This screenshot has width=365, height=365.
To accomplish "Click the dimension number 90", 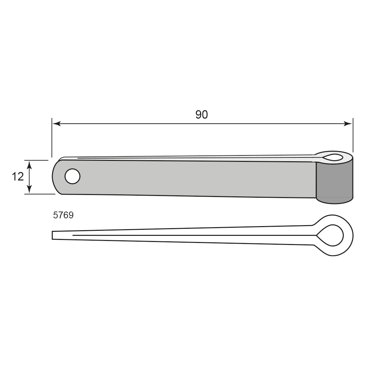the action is coord(201,115).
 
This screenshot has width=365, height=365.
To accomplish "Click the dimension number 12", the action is coord(18,177).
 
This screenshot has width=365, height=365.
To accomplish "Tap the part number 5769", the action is coord(63,215).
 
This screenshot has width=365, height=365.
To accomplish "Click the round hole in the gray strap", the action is coord(73,176).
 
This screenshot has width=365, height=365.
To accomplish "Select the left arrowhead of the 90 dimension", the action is coord(56,124).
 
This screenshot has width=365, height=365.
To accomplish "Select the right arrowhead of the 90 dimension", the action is coord(348,124).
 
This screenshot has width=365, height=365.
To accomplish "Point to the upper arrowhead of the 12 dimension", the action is coord(29,165).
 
